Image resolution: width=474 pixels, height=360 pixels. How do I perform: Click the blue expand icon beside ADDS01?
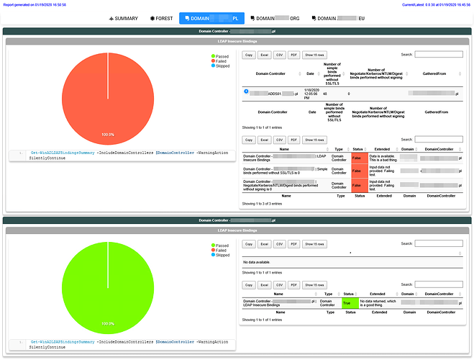247,91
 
